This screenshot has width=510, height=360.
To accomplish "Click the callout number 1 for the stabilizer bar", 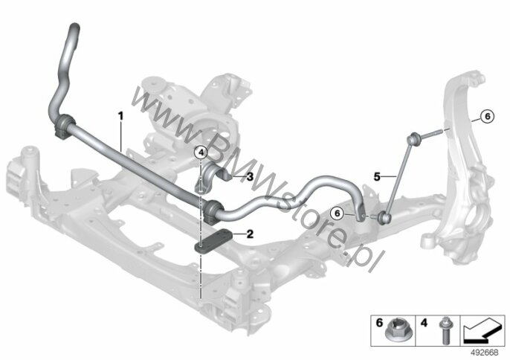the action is click(120, 116).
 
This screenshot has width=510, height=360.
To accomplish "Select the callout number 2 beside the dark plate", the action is click(250, 234).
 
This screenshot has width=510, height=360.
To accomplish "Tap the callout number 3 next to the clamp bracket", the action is click(250, 177).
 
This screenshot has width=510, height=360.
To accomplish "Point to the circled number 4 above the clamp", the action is click(201, 152).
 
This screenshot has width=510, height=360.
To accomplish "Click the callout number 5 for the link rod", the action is click(377, 177).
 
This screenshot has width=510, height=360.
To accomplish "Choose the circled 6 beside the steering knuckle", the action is click(487, 116).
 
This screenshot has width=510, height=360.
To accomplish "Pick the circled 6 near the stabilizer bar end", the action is click(338, 213).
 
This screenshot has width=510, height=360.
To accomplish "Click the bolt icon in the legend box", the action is click(445, 331).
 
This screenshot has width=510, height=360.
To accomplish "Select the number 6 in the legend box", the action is click(379, 324).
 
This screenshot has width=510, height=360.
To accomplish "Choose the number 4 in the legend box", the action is click(424, 324).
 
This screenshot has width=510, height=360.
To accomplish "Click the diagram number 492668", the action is click(485, 353).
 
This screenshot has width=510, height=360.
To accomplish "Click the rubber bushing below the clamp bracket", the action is click(213, 210).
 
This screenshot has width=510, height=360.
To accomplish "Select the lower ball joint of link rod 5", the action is click(385, 217).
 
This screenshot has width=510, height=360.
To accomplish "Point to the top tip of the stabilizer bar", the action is click(75, 25).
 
